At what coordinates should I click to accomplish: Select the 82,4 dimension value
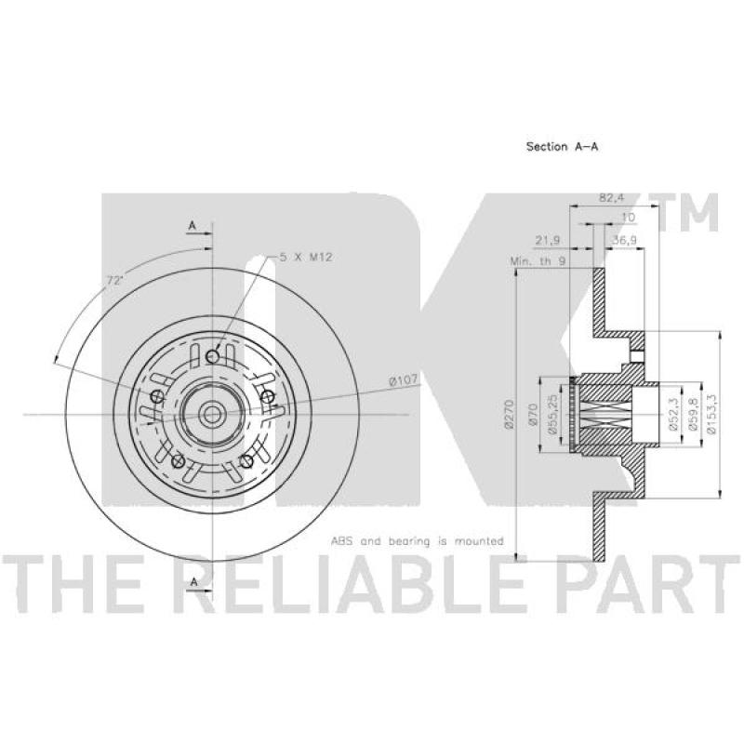coord(611,198)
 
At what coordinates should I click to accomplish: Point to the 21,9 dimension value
coord(550,241)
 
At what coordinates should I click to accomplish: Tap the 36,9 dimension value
coord(624,241)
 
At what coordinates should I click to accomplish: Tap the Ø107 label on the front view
coord(402,379)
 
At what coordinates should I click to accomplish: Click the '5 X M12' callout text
coord(308,257)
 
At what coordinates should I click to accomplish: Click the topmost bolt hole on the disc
coord(213,356)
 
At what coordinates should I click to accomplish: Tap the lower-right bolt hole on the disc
coord(247,460)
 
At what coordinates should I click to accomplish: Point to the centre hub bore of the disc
coord(212,413)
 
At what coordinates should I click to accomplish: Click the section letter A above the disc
coord(193,226)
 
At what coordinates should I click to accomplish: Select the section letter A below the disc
coord(193,581)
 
